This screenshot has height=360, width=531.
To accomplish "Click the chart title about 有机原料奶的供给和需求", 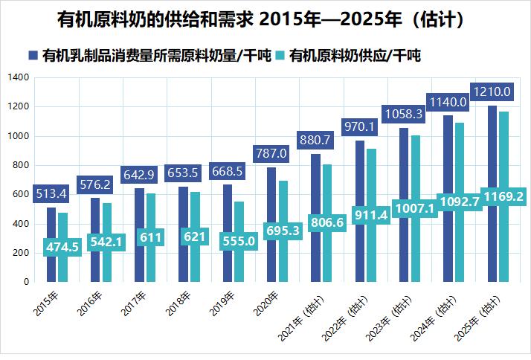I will pyautogui.click(x=265, y=19).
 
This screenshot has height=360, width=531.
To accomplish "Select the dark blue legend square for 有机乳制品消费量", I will pyautogui.click(x=33, y=56).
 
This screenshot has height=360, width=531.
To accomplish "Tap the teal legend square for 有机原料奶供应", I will pyautogui.click(x=280, y=56).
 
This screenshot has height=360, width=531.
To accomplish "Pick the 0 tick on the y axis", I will pyautogui.click(x=25, y=282).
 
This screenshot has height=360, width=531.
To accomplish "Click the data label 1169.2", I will pyautogui.click(x=503, y=196).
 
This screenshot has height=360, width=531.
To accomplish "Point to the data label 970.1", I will pyautogui.click(x=359, y=127).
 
